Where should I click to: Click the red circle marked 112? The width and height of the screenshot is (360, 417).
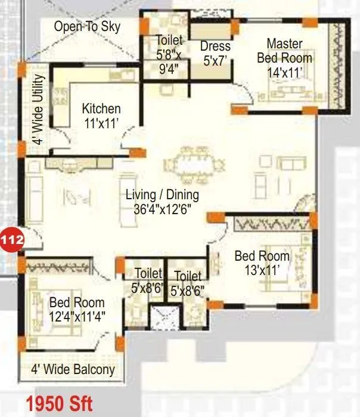tap(12, 240)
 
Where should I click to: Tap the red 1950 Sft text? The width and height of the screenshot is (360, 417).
tap(58, 403)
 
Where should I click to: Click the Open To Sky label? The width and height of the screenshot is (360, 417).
tap(86, 26)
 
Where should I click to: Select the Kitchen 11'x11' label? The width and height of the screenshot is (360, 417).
tap(101, 115)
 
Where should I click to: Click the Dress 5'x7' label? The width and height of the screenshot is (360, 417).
tap(215, 53)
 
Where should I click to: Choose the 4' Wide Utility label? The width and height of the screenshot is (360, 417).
tap(38, 110)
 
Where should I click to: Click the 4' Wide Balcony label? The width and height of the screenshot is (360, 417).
tap(73, 370)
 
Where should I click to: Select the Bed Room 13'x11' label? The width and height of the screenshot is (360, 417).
tap(262, 263)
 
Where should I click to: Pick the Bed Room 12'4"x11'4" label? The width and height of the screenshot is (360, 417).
tap(77, 310)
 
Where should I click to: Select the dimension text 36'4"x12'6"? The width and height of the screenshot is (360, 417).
tap(162, 209)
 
